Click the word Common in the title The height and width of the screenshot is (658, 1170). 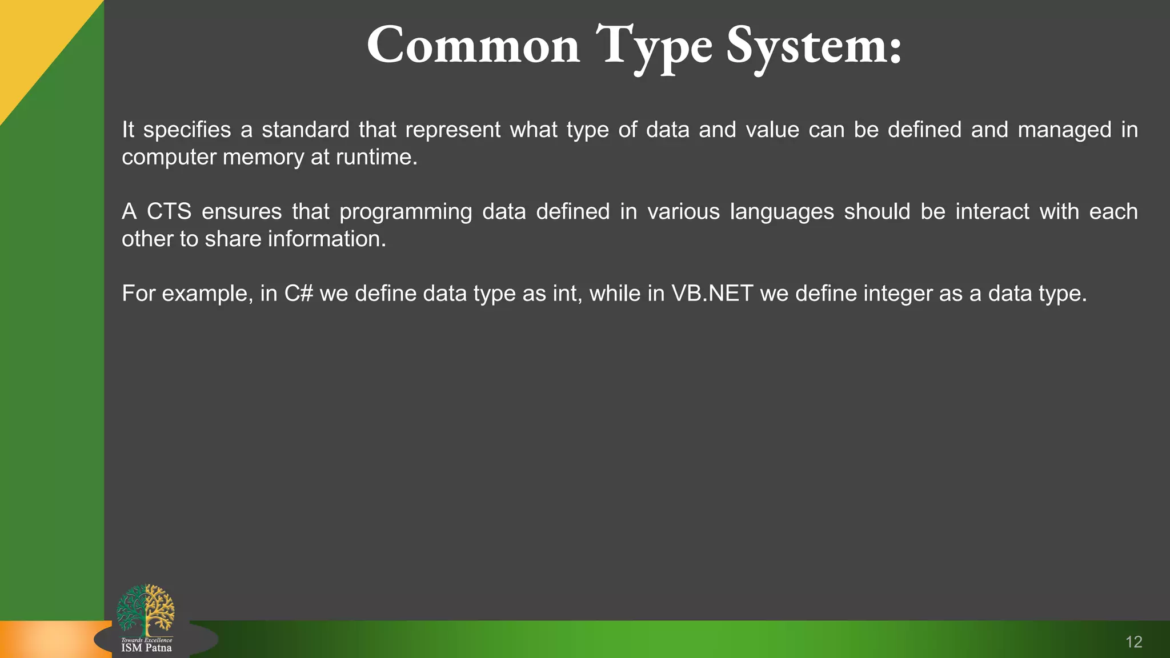[473, 46]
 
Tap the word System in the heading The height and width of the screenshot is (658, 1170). [814, 46]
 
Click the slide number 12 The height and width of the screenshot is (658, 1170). [1133, 642]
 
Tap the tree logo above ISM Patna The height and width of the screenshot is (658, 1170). [146, 610]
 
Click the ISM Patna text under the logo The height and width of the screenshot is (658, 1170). [146, 648]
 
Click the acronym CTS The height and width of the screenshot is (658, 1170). [169, 212]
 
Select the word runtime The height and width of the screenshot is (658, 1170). [376, 157]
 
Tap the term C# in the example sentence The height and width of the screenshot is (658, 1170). [299, 294]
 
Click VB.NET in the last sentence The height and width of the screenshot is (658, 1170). [712, 294]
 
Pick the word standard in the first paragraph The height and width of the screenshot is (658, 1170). [305, 130]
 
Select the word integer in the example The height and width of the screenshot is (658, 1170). [897, 294]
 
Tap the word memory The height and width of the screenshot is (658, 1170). [263, 157]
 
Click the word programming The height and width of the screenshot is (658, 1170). [405, 212]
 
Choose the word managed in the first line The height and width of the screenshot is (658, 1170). [1064, 130]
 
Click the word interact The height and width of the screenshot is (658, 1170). [992, 212]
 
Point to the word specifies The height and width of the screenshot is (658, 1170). [187, 130]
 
